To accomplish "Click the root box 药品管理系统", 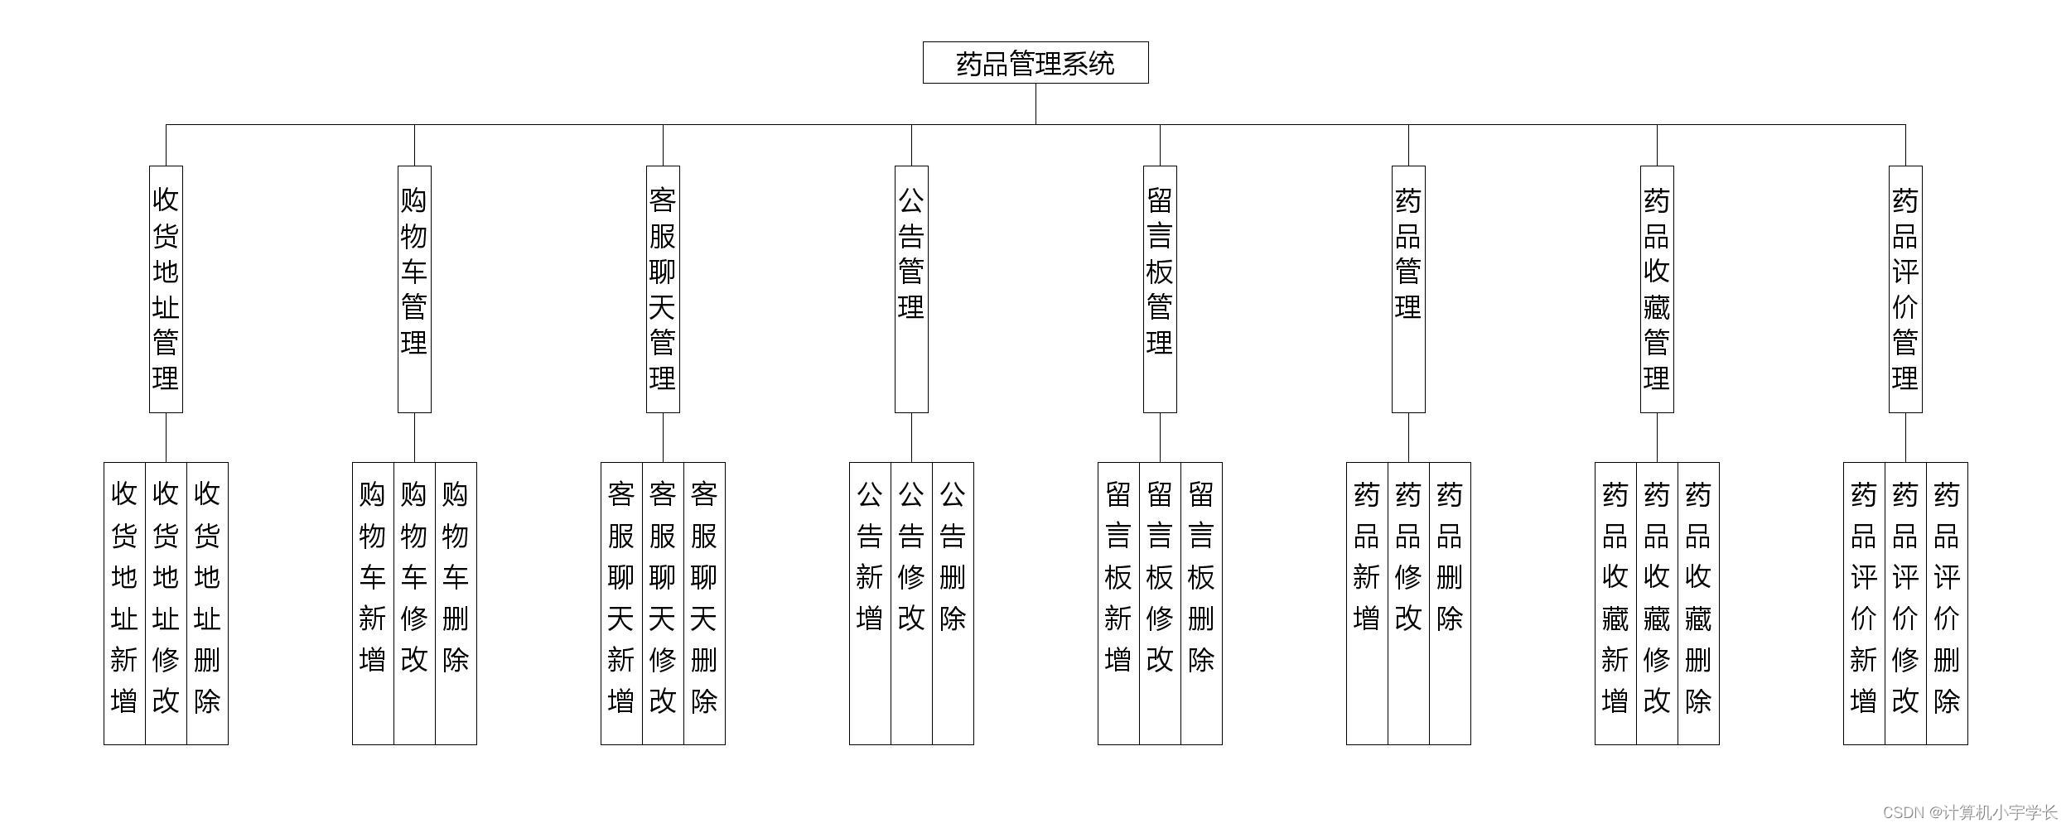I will pyautogui.click(x=1035, y=63).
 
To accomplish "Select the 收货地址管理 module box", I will pyautogui.click(x=166, y=289).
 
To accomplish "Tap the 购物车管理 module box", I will pyautogui.click(x=414, y=289).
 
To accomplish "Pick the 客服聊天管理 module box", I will pyautogui.click(x=663, y=289).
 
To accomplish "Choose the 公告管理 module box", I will pyautogui.click(x=911, y=289).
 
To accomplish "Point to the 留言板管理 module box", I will pyautogui.click(x=1160, y=289).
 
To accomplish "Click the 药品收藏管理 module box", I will pyautogui.click(x=1657, y=289).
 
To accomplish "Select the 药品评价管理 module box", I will pyautogui.click(x=1905, y=289).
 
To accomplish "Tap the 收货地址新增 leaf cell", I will pyautogui.click(x=124, y=603).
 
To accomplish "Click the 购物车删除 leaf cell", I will pyautogui.click(x=456, y=603).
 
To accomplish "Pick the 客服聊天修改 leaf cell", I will pyautogui.click(x=663, y=603).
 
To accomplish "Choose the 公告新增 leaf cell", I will pyautogui.click(x=870, y=603).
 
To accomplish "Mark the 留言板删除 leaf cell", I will pyautogui.click(x=1201, y=603).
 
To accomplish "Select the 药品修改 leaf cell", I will pyautogui.click(x=1408, y=603).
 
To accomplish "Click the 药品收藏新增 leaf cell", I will pyautogui.click(x=1615, y=603).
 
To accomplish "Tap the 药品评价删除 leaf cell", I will pyautogui.click(x=1947, y=603).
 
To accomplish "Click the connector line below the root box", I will pyautogui.click(x=1035, y=104).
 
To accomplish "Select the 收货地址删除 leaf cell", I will pyautogui.click(x=207, y=603).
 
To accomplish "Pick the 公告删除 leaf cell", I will pyautogui.click(x=953, y=603).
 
